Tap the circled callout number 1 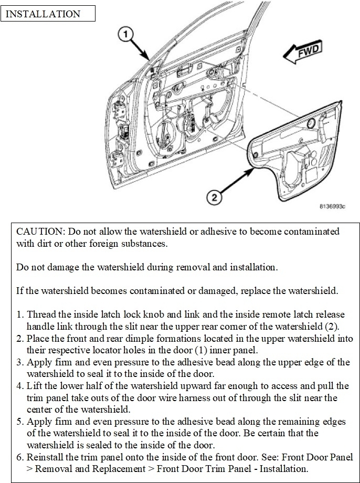tap(123, 35)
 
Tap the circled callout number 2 tap(213, 197)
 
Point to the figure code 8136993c tap(332, 207)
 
